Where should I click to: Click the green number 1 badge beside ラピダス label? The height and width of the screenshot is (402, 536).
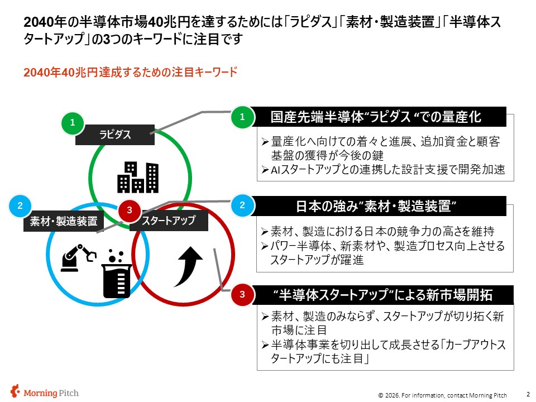click(73, 122)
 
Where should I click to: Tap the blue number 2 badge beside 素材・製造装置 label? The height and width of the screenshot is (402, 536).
click(20, 205)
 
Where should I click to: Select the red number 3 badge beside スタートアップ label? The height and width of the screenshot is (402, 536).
click(129, 210)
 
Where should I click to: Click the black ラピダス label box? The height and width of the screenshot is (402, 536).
click(115, 135)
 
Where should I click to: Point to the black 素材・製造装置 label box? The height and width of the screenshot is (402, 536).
click(64, 221)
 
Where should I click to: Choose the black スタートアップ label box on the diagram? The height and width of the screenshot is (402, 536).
click(169, 221)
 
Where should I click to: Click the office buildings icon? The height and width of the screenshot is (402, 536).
click(138, 177)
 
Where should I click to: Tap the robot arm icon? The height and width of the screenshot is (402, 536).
click(78, 258)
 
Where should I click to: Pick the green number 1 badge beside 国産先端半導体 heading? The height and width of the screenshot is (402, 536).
click(242, 117)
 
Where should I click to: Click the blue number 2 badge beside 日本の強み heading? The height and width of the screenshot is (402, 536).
click(242, 205)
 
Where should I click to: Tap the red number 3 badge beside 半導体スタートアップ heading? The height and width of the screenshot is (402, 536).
click(242, 294)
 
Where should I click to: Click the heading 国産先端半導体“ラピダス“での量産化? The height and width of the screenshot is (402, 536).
click(376, 117)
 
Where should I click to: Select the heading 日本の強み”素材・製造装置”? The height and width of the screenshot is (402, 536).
click(376, 206)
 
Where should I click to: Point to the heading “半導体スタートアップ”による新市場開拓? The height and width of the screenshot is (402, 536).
click(382, 295)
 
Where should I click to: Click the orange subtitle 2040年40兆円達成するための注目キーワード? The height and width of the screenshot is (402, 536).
click(130, 72)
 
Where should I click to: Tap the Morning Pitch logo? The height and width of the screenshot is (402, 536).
click(45, 392)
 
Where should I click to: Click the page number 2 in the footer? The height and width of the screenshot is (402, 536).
click(528, 394)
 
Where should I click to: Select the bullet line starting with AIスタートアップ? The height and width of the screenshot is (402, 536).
click(383, 169)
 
